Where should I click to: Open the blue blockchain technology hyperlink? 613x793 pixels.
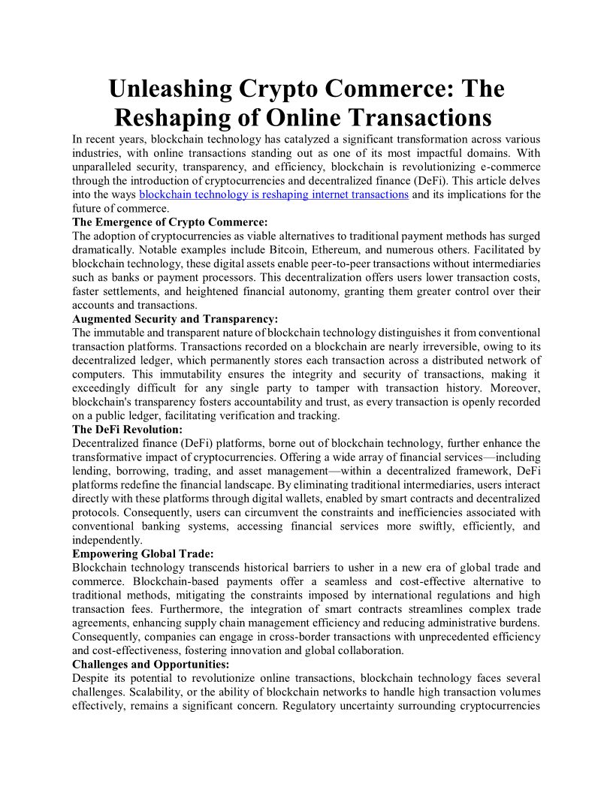coord(274,194)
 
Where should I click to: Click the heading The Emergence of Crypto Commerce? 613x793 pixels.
coord(170,222)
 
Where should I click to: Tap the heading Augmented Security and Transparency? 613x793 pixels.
coord(175,319)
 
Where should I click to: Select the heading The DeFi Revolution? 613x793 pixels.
coord(127,430)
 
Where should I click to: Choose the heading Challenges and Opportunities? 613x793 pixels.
coord(151,665)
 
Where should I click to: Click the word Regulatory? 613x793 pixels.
coord(313,707)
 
